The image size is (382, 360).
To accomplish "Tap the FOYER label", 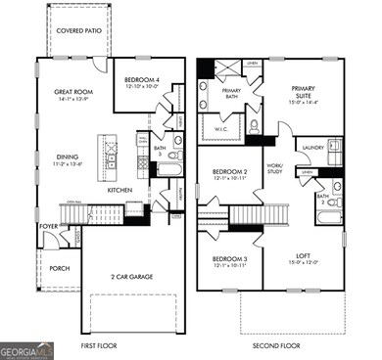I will pyautogui.click(x=49, y=226).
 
